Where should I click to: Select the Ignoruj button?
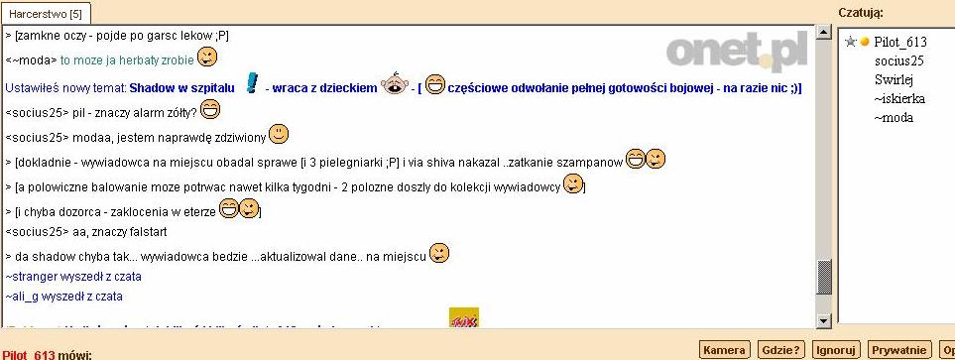(x=834, y=350)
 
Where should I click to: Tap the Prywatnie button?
(x=898, y=350)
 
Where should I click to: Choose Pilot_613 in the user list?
(x=899, y=42)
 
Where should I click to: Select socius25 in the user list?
(x=898, y=60)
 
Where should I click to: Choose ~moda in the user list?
(x=894, y=117)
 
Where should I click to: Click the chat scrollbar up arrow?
(x=823, y=32)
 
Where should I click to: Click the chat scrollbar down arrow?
(x=823, y=320)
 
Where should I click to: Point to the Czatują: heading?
(x=861, y=13)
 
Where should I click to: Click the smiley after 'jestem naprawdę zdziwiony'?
(x=280, y=133)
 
